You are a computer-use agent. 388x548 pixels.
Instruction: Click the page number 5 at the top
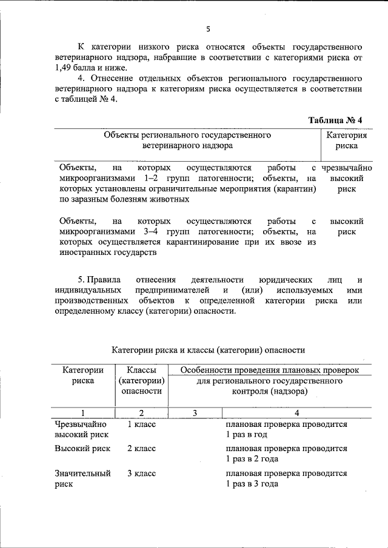click(207, 28)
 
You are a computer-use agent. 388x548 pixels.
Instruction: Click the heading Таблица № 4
click(335, 120)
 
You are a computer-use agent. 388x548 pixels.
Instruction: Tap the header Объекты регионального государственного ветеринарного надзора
click(187, 140)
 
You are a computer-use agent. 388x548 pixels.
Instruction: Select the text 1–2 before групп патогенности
click(151, 179)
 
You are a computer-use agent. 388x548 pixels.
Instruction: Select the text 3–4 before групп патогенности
click(151, 232)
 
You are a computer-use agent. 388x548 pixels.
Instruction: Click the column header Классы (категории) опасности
click(141, 380)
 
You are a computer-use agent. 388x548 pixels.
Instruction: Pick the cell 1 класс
click(141, 424)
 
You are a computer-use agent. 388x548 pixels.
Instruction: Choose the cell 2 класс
click(141, 449)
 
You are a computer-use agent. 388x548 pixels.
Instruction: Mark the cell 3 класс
click(141, 473)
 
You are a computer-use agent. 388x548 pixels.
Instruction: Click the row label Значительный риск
click(82, 478)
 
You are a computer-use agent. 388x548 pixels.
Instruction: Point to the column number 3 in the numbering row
click(195, 413)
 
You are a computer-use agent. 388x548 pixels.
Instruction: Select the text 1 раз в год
click(247, 435)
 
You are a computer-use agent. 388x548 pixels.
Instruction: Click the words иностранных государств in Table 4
click(108, 253)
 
